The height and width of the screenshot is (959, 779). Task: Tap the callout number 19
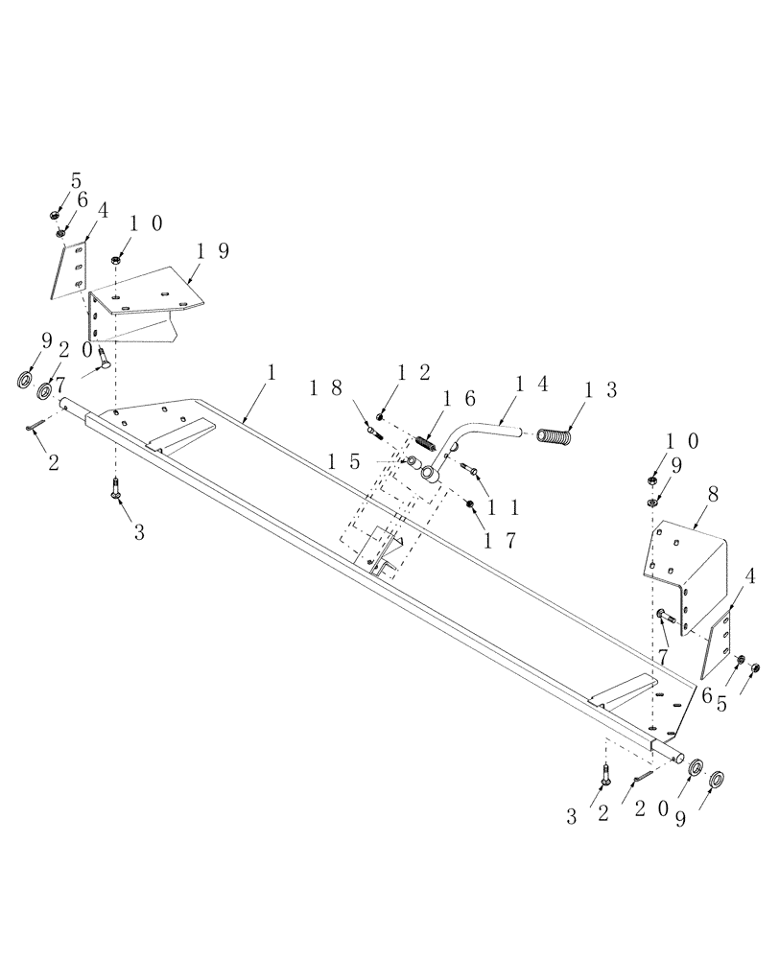click(x=212, y=251)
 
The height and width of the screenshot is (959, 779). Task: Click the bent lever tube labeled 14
click(x=470, y=433)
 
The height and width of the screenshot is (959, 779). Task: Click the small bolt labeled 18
click(x=372, y=433)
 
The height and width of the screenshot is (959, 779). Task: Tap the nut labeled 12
click(x=381, y=416)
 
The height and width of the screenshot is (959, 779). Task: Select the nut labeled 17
click(x=469, y=503)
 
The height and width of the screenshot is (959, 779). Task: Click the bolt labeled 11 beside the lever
click(x=469, y=467)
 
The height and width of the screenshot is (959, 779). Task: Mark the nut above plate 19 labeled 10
click(x=116, y=259)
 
